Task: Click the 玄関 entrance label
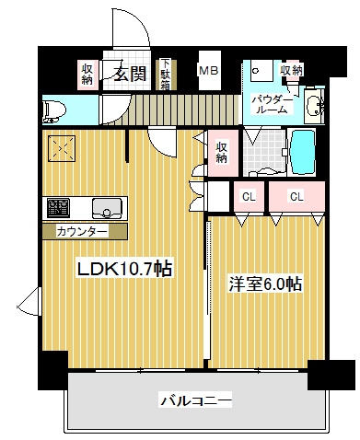point(129,75)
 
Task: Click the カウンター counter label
point(82,230)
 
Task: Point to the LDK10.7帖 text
point(123,269)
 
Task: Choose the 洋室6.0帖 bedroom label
point(265,284)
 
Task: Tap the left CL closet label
point(249,196)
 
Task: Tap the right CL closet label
point(296,196)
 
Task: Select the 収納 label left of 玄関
point(87,74)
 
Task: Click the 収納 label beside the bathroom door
point(223,151)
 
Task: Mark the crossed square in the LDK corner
point(63,148)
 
